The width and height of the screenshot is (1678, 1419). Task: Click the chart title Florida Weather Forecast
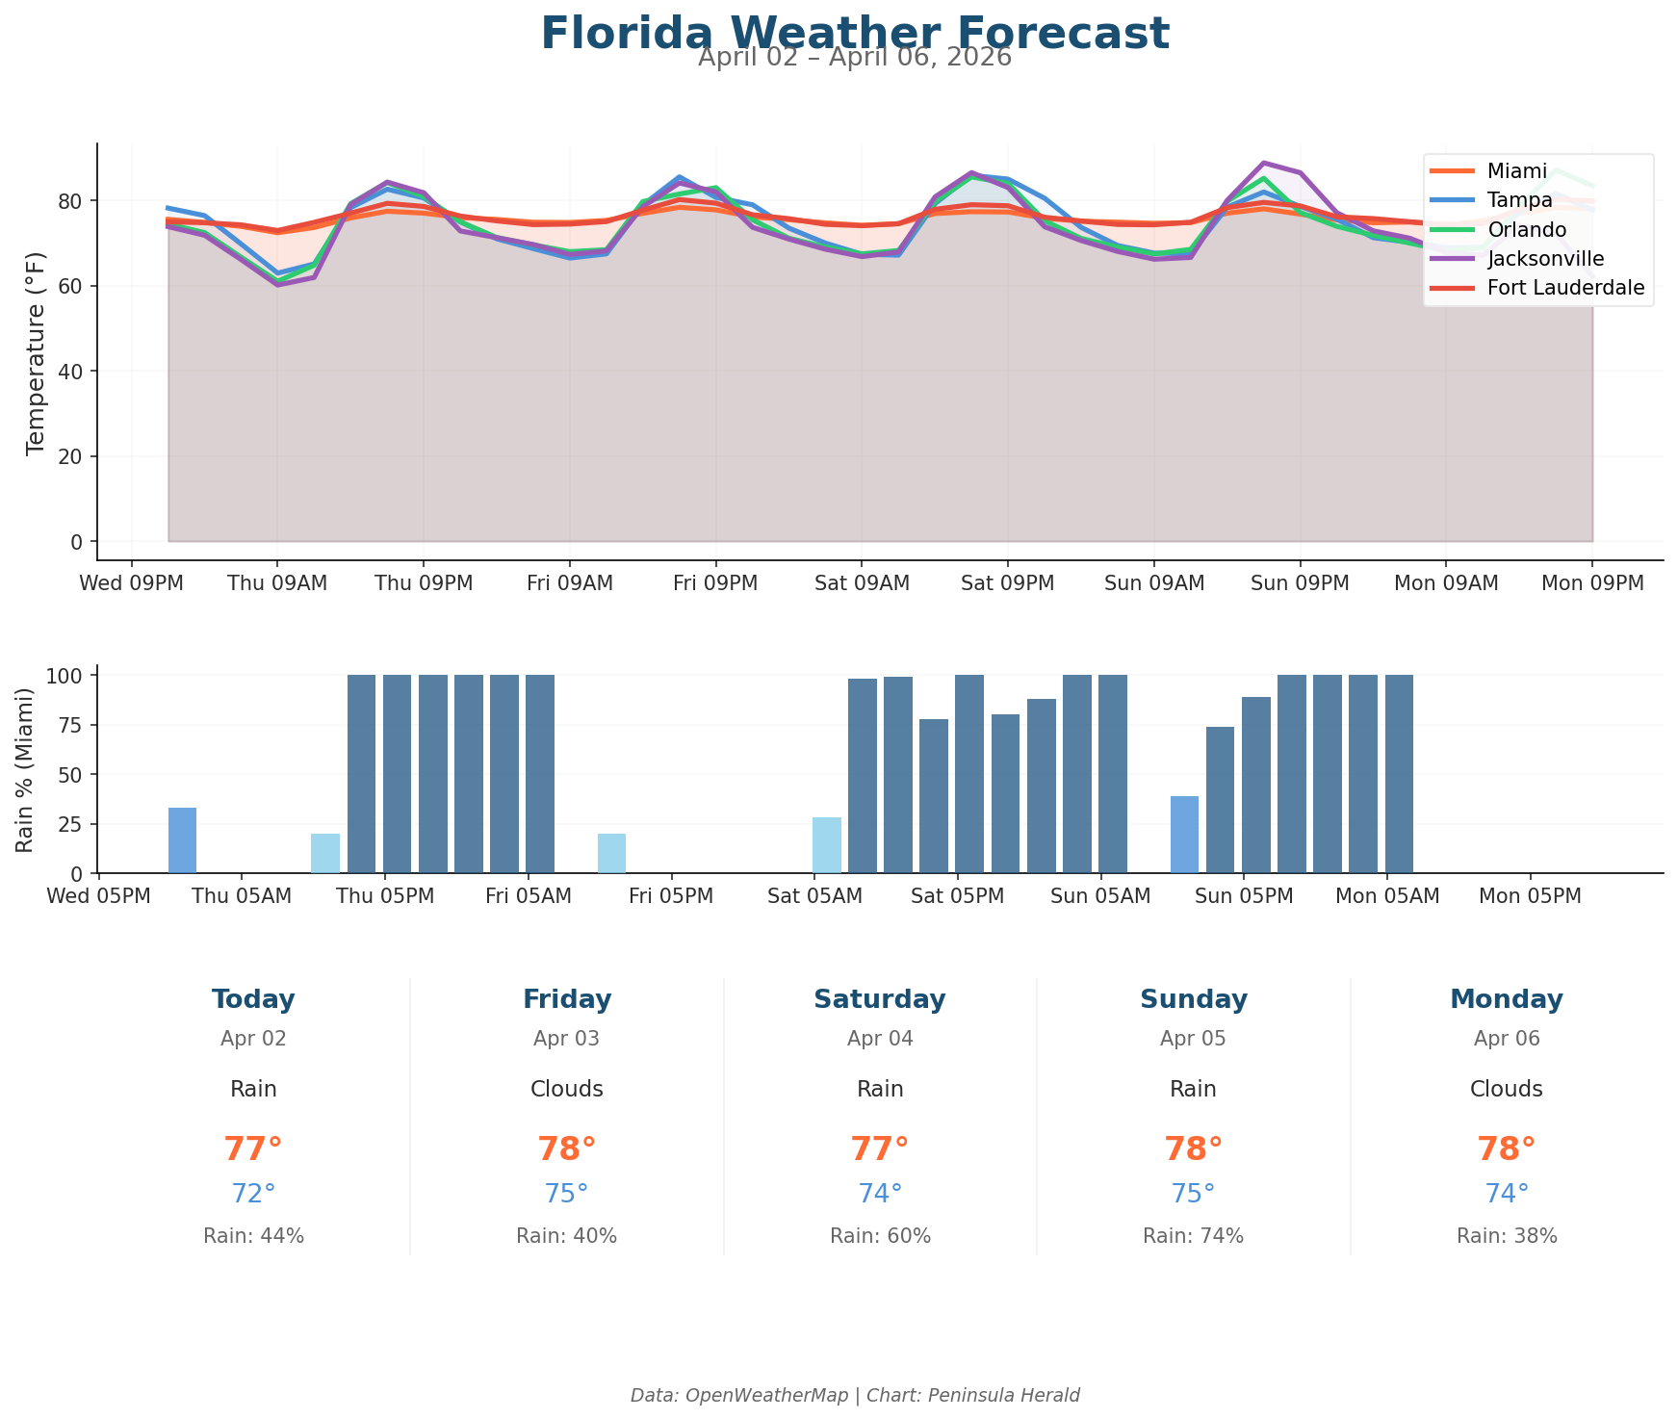coord(854,33)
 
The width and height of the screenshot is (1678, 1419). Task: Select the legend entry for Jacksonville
coord(1545,259)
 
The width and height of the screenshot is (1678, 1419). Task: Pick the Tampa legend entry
coord(1519,200)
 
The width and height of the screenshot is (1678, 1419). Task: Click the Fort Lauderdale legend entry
coord(1565,288)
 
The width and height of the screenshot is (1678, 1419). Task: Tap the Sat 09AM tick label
coord(861,583)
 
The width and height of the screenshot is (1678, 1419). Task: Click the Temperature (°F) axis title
coord(36,351)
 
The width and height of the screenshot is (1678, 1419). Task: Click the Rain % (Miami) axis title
coord(26,769)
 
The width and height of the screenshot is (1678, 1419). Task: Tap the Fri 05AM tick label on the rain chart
coord(529,896)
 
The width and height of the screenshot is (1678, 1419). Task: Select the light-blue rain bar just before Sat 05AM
coord(826,845)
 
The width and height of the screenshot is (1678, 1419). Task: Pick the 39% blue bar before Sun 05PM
coord(1184,835)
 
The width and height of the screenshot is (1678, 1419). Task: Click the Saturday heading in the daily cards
coord(879,999)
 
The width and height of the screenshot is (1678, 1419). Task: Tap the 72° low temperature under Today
coord(253,1194)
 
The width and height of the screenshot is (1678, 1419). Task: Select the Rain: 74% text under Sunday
coord(1193,1236)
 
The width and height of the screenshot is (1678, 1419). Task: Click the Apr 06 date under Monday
coord(1506,1039)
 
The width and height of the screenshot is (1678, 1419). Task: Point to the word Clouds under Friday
coord(566,1090)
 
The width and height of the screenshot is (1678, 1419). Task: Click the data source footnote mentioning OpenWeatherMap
coord(854,1395)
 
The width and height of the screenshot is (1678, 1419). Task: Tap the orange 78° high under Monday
coord(1506,1149)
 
